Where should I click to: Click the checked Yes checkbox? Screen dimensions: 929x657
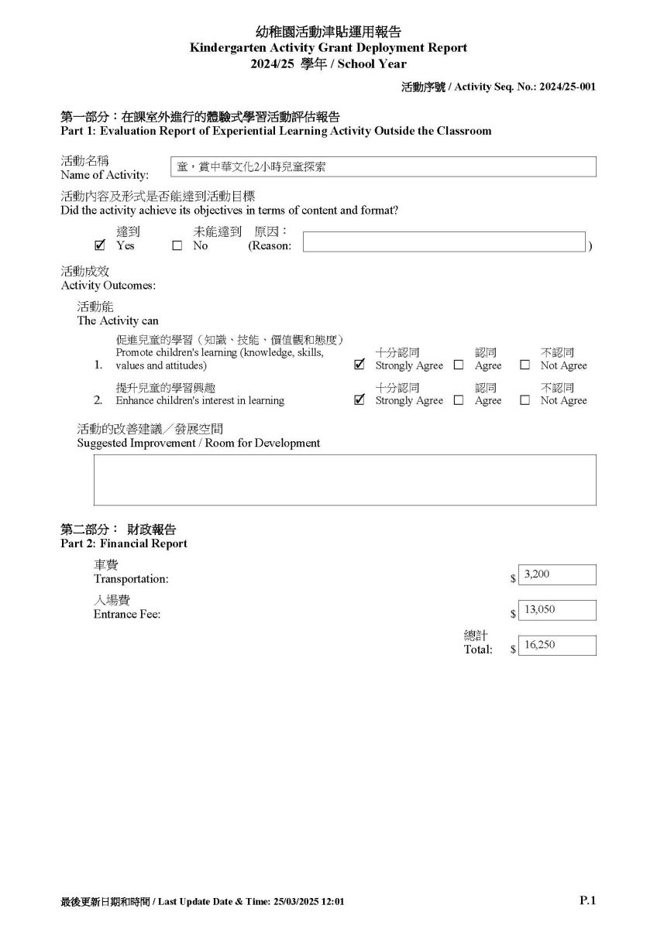point(99,246)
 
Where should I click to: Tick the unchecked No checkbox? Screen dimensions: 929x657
point(177,246)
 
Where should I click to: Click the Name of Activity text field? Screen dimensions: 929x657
point(383,166)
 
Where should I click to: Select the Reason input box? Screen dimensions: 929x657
point(443,242)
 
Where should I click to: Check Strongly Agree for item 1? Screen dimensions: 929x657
point(359,365)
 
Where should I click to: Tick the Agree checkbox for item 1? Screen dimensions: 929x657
point(459,365)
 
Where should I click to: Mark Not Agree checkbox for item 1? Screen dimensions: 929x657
point(525,365)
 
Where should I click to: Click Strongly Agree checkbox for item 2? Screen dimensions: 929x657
point(359,400)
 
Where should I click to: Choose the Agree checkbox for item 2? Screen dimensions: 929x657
point(459,400)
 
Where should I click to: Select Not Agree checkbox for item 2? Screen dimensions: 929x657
point(525,400)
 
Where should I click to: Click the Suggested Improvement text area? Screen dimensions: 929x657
point(345,480)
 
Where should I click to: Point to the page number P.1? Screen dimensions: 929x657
point(587,900)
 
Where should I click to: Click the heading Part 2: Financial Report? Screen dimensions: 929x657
point(124,543)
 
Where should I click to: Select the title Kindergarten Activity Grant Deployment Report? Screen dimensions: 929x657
point(328,48)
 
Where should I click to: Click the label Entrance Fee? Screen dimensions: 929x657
point(127,615)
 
